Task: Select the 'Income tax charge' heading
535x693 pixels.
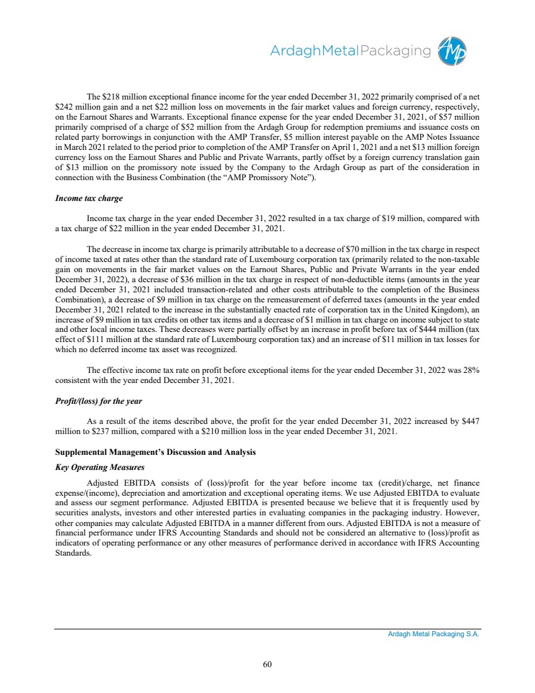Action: pyautogui.click(x=89, y=198)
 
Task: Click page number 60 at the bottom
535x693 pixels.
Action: pyautogui.click(x=267, y=663)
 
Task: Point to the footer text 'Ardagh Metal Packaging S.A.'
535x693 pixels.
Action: pyautogui.click(x=434, y=634)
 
